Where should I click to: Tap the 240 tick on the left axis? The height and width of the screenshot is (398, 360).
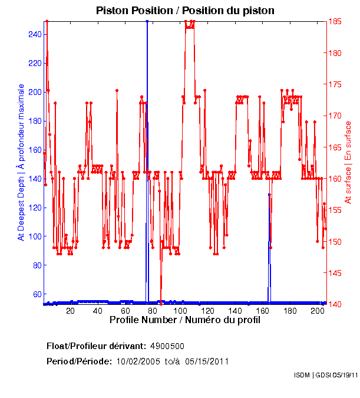tap(35, 34)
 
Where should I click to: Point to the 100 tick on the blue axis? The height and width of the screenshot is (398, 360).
tap(35, 236)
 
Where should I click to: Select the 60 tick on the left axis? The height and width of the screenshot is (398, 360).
tap(37, 294)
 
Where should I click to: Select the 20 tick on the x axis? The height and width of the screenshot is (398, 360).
tap(71, 310)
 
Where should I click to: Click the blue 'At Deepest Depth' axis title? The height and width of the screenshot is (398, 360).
tap(21, 162)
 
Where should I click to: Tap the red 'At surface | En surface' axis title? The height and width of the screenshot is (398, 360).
tap(348, 162)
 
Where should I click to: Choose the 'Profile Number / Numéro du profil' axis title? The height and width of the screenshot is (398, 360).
tap(185, 320)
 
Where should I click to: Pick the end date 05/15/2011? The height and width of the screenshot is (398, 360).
tap(207, 361)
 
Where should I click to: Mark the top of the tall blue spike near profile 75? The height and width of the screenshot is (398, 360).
tap(147, 22)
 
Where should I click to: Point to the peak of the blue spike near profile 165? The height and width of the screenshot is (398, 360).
tap(269, 194)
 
